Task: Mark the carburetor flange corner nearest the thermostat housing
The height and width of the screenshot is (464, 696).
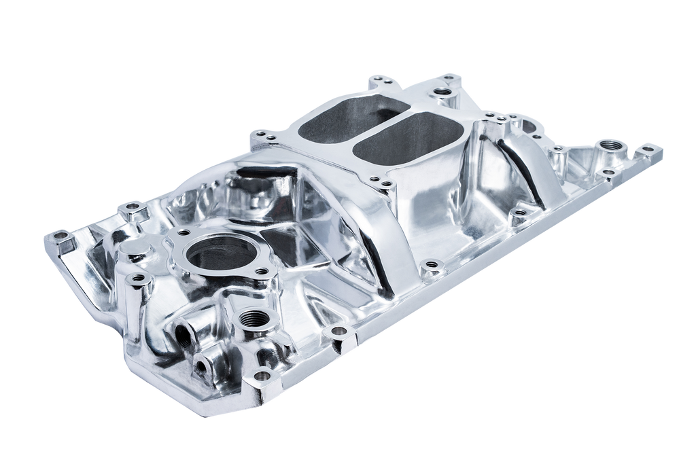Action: (262, 138)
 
